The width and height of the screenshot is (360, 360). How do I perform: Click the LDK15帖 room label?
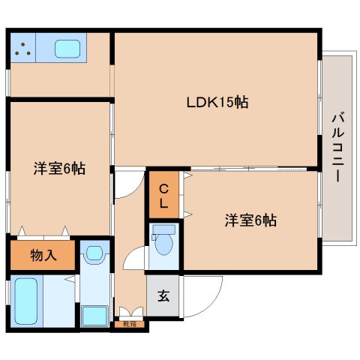pyautogui.click(x=217, y=103)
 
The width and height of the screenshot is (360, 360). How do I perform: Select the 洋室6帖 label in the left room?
pyautogui.click(x=58, y=168)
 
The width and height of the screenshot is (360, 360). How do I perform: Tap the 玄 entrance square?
pyautogui.click(x=163, y=294)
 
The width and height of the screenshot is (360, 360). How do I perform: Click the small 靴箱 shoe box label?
pyautogui.click(x=130, y=324)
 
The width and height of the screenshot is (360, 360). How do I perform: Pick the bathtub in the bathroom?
pyautogui.click(x=26, y=301)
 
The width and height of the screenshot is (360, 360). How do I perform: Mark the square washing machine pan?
pyautogui.click(x=94, y=315)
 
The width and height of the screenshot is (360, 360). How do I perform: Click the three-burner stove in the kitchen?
pyautogui.click(x=22, y=49)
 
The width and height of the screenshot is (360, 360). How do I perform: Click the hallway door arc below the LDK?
pyautogui.click(x=129, y=184)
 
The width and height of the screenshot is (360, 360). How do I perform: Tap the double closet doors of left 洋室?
pyautogui.click(x=43, y=231)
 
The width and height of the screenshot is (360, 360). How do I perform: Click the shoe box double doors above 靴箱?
pyautogui.click(x=130, y=312)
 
